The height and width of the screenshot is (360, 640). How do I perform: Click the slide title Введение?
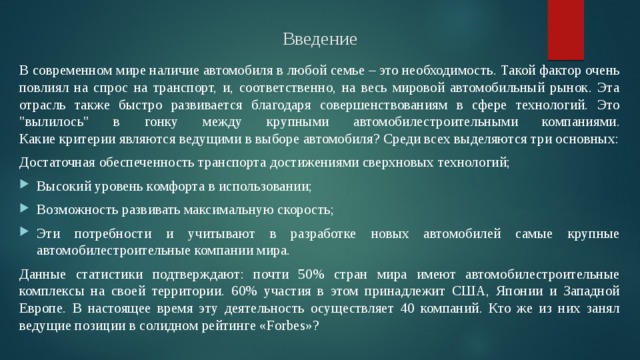click(x=320, y=40)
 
